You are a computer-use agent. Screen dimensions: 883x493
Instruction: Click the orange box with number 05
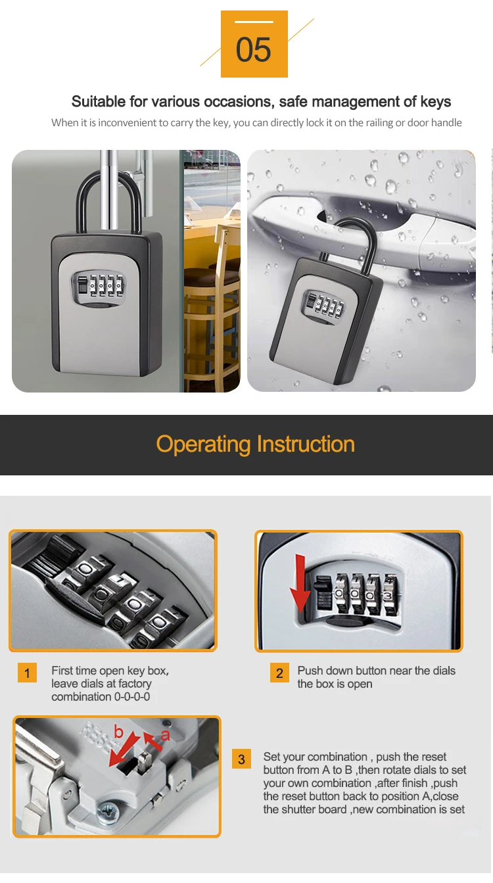click(x=254, y=44)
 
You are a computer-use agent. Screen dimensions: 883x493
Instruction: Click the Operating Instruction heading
click(x=255, y=444)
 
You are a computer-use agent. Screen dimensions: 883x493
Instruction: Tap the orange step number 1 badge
click(x=27, y=673)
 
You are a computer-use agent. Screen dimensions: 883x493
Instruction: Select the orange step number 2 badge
click(x=279, y=673)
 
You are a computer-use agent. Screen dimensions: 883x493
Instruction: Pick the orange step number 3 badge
click(x=241, y=759)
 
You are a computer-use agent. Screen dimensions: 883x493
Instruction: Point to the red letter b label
click(x=118, y=731)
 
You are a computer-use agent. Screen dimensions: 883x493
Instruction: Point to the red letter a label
click(x=165, y=735)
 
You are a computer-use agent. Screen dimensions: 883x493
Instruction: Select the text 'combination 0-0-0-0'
click(x=101, y=697)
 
